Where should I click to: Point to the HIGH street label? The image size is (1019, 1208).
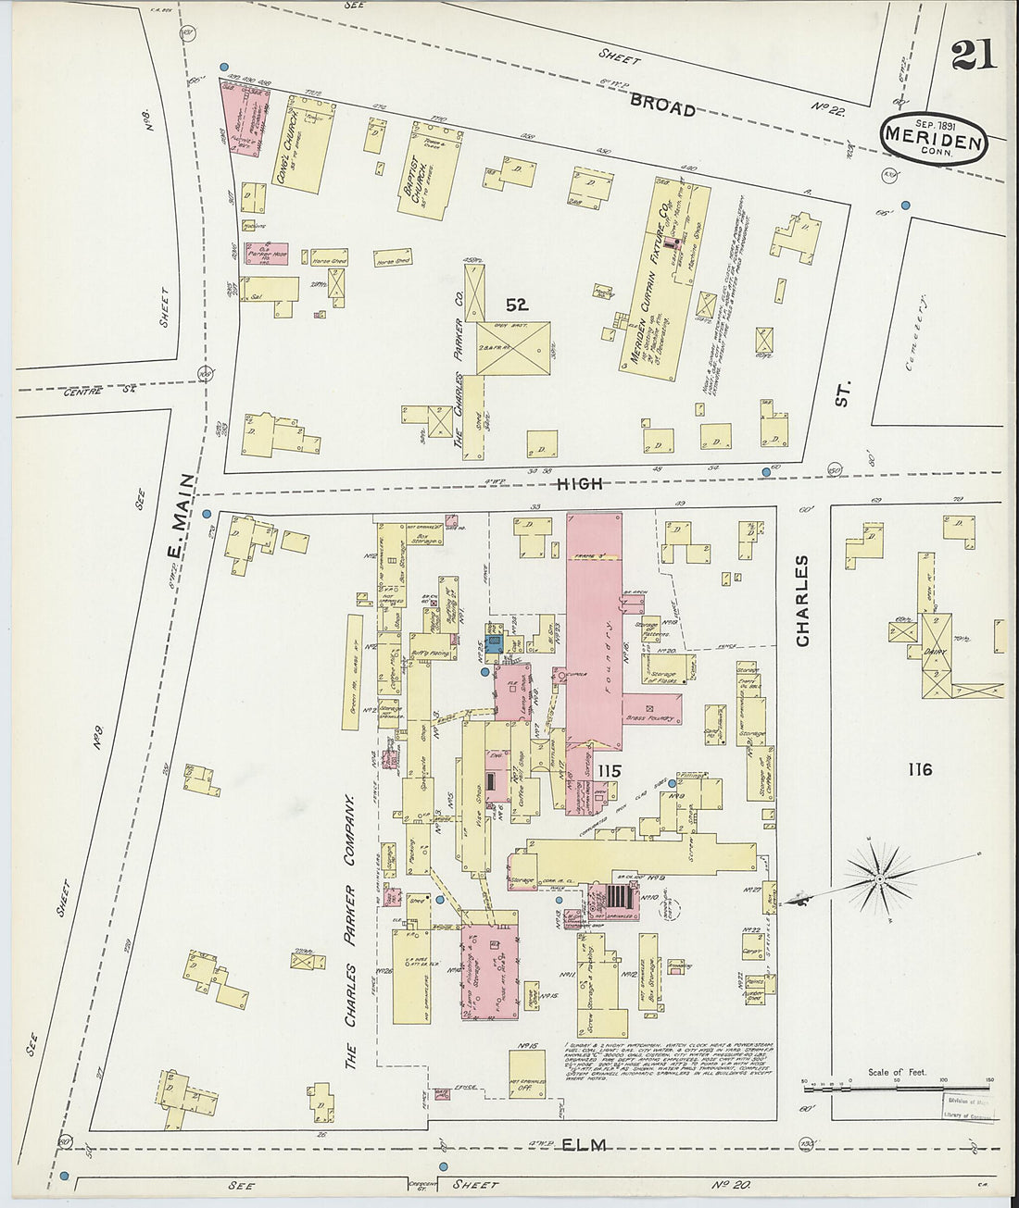(581, 483)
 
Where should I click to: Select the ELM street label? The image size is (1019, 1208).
(585, 1145)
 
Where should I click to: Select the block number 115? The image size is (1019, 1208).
(609, 770)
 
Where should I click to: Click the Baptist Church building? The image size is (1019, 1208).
(428, 174)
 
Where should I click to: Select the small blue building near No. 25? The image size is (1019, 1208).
(495, 643)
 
